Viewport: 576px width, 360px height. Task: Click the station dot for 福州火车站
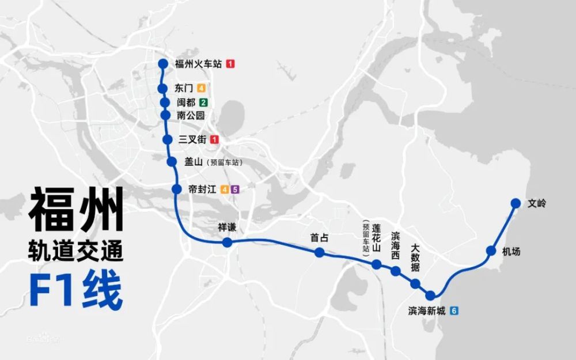[x=162, y=64]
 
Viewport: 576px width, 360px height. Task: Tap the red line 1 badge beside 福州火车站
[x=230, y=64]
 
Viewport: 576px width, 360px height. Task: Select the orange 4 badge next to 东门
[x=201, y=88]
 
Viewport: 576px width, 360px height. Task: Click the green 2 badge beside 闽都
[x=203, y=103]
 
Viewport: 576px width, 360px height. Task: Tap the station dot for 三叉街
[x=168, y=139]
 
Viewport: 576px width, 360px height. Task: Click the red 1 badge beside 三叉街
[x=214, y=139]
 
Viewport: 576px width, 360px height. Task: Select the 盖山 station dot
[x=172, y=162]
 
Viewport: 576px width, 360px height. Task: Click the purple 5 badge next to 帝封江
[x=234, y=189]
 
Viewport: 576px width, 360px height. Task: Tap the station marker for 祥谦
[x=227, y=243]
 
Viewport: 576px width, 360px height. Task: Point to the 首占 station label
[x=319, y=237]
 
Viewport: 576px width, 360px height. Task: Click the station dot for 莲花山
[x=376, y=264]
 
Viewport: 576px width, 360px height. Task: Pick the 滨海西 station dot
[x=395, y=271]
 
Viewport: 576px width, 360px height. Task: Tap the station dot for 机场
[x=491, y=251]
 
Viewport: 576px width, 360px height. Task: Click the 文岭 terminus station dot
[x=516, y=203]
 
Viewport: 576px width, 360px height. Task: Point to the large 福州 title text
[x=76, y=209]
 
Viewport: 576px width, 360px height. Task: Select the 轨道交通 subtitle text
[x=76, y=251]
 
